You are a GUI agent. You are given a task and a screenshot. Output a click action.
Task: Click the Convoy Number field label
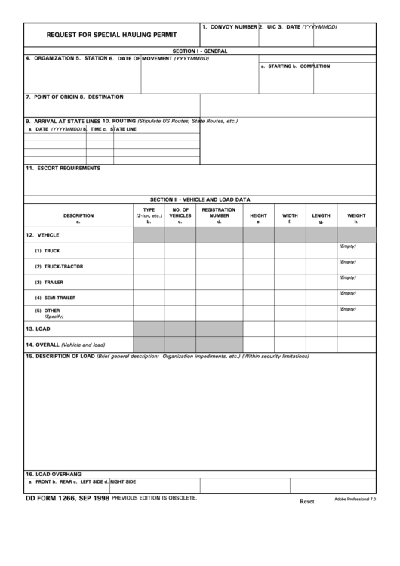click(229, 27)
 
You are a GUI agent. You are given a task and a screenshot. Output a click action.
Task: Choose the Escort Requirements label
click(63, 168)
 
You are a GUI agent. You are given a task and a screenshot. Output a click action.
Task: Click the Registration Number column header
click(219, 215)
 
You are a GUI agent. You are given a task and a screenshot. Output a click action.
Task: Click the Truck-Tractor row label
click(59, 267)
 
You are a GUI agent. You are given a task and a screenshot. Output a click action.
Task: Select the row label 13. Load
click(38, 329)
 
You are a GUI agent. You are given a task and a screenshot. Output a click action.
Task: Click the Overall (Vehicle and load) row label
click(66, 344)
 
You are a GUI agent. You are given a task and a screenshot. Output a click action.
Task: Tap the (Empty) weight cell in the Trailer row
click(347, 277)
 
